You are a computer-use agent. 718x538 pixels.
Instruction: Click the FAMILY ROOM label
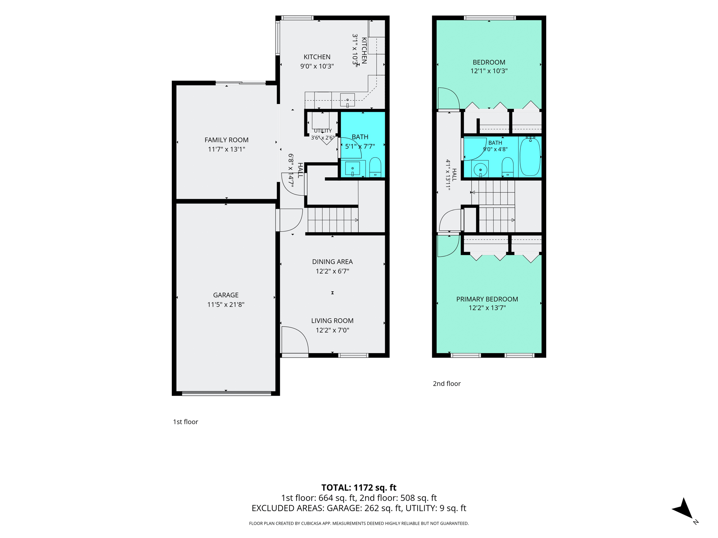coord(226,140)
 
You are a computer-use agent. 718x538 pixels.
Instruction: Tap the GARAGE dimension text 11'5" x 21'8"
coord(226,304)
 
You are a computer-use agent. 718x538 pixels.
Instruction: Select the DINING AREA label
coord(332,262)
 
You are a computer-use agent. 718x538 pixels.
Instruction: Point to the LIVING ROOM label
coord(332,320)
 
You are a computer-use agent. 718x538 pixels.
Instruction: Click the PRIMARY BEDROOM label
coord(487,299)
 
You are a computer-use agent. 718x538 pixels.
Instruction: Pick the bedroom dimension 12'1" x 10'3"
coord(489,71)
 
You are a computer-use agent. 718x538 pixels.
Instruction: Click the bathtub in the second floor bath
coord(530,157)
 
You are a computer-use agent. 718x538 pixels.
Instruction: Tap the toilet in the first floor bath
coord(375,167)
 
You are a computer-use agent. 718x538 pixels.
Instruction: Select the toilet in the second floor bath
coord(508,167)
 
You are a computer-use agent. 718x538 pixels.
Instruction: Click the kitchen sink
coord(347,100)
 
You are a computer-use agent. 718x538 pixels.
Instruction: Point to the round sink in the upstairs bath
coord(480,170)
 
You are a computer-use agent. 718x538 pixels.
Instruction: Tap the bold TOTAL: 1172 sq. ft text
coord(359,488)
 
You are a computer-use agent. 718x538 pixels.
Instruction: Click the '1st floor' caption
coord(185,422)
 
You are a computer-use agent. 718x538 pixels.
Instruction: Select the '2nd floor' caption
coord(447,384)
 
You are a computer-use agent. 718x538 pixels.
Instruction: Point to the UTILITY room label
coord(323,131)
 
